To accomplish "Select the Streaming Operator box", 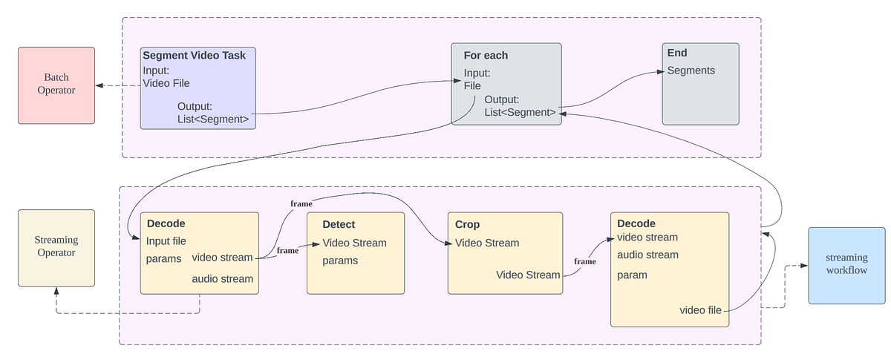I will click(x=56, y=247).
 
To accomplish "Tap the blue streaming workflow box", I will click(x=846, y=264).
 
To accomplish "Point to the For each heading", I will click(x=486, y=56).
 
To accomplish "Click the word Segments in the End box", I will click(x=691, y=71).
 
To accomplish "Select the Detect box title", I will click(x=339, y=224).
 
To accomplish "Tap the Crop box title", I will click(x=467, y=224).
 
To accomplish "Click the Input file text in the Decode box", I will click(x=166, y=241).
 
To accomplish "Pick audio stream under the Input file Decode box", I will click(x=222, y=279).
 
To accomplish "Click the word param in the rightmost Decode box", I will click(x=632, y=275).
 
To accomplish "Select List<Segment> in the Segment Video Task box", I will click(x=213, y=119).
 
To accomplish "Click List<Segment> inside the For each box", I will click(x=520, y=112).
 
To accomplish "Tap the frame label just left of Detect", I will click(x=287, y=251).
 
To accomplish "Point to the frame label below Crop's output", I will click(x=584, y=261).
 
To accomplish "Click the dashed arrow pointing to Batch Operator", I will click(x=119, y=85).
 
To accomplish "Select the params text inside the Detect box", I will click(x=340, y=261).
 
